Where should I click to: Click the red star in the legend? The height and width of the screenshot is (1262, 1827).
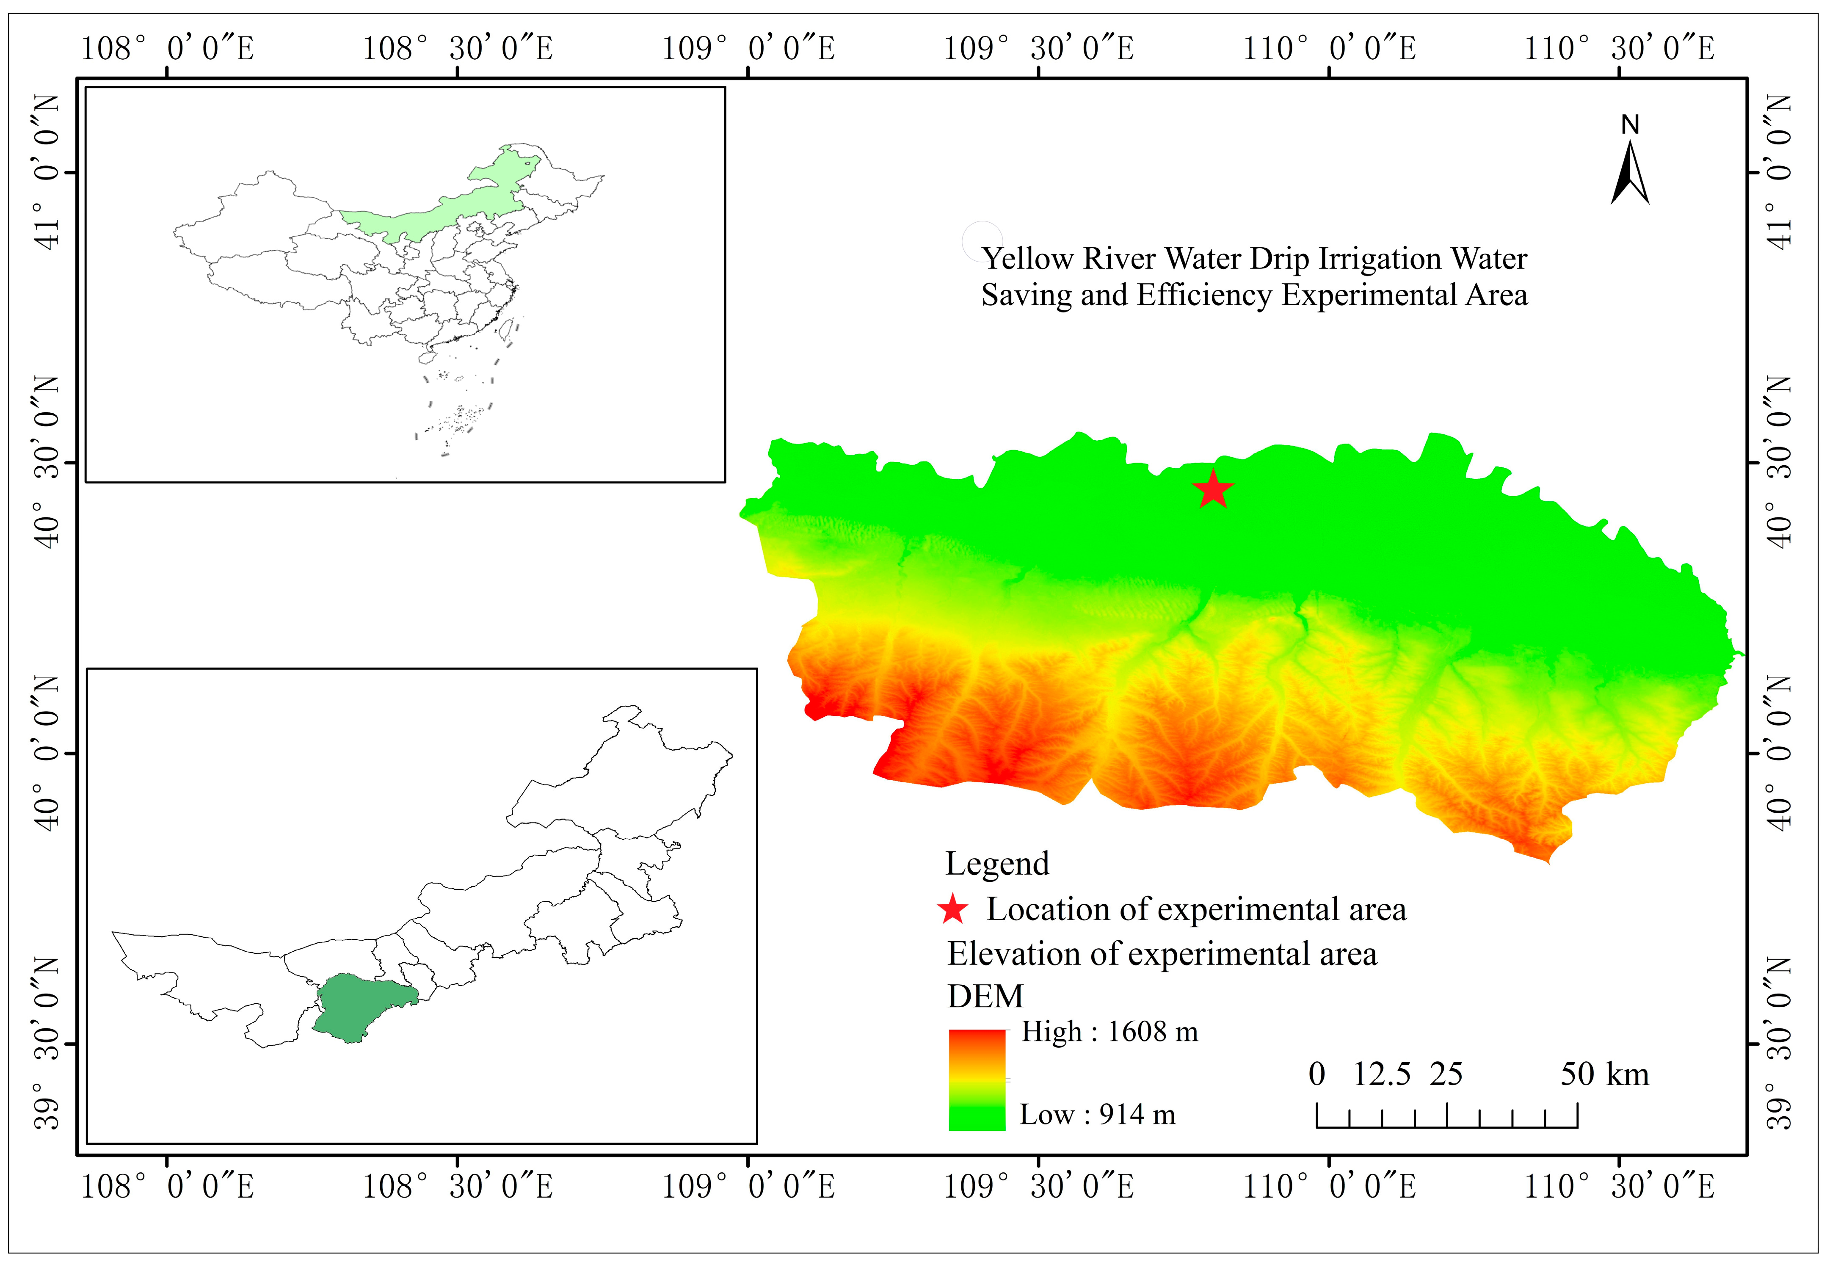[952, 910]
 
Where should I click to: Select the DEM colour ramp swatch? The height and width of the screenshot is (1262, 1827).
[976, 1080]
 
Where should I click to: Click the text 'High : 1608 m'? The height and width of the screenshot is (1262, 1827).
[1109, 1032]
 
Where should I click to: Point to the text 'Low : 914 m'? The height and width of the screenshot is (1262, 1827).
[1097, 1115]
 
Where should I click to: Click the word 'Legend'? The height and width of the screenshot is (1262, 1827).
[997, 864]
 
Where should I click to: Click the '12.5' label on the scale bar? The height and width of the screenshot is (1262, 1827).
[1381, 1074]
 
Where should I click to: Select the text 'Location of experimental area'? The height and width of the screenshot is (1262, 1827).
[1196, 910]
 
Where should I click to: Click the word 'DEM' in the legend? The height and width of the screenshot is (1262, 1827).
[985, 996]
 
